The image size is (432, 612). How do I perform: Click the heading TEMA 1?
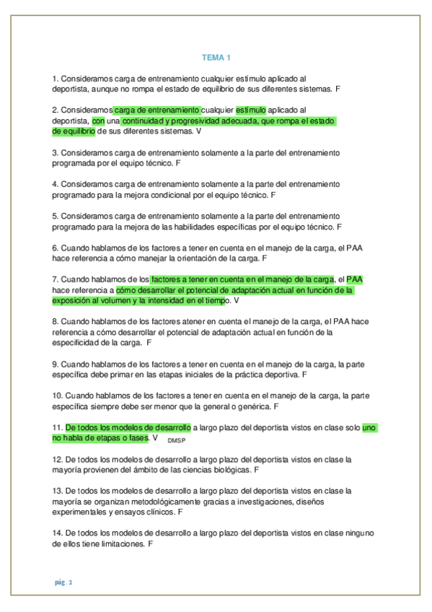coord(216,57)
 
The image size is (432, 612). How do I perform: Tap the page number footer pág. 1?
coord(62,582)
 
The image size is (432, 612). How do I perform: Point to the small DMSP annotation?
coord(175,440)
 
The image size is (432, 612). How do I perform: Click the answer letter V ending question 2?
coord(199,132)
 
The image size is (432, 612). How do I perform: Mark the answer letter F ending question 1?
coord(338,88)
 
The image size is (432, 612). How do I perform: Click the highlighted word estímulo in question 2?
coord(251,110)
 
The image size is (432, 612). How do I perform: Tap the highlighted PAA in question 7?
coord(355,279)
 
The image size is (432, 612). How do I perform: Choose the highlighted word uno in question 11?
coord(369,427)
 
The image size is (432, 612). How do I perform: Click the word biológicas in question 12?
coord(230,470)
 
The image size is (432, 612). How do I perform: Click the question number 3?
coord(56,153)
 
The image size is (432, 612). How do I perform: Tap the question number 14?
coord(58,533)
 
